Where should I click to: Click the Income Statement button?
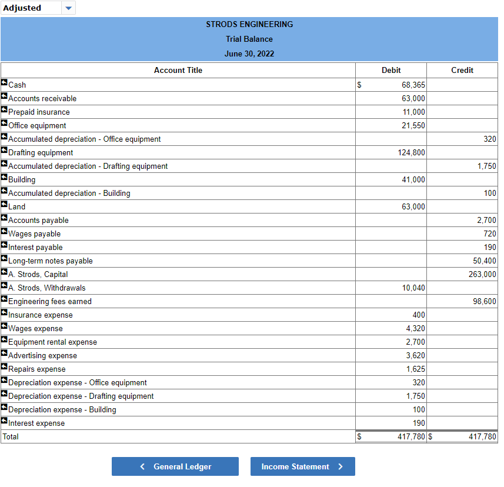click(x=302, y=466)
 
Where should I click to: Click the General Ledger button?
click(x=175, y=466)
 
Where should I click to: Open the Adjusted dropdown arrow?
click(x=68, y=8)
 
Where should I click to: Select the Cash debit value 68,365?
click(x=413, y=85)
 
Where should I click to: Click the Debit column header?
click(x=391, y=70)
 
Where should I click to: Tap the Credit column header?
click(x=462, y=70)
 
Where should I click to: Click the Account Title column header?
click(x=178, y=70)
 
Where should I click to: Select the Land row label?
click(x=16, y=206)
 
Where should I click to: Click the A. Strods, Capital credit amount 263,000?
click(x=482, y=274)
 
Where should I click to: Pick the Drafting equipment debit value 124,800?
click(x=411, y=152)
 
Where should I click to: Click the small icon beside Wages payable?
click(x=4, y=233)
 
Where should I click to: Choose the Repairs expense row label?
click(x=36, y=369)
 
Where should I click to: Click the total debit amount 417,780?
click(x=411, y=436)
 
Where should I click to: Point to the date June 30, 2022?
click(x=249, y=54)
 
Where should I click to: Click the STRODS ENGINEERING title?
click(x=249, y=24)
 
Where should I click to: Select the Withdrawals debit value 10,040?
click(x=413, y=288)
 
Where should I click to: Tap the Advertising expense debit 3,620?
click(x=415, y=355)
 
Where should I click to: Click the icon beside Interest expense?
click(x=4, y=422)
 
